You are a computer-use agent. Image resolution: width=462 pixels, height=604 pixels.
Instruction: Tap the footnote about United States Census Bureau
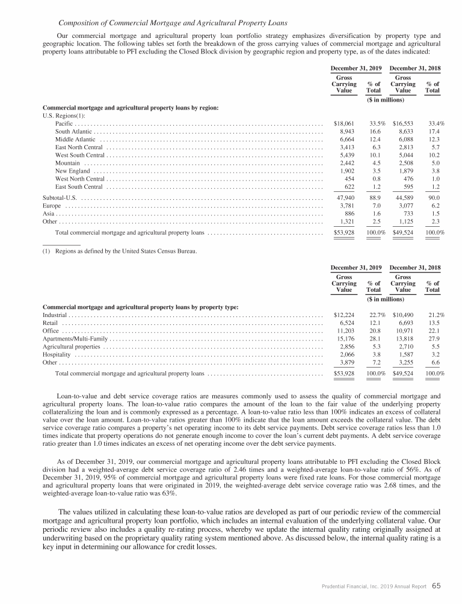point(119,250)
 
